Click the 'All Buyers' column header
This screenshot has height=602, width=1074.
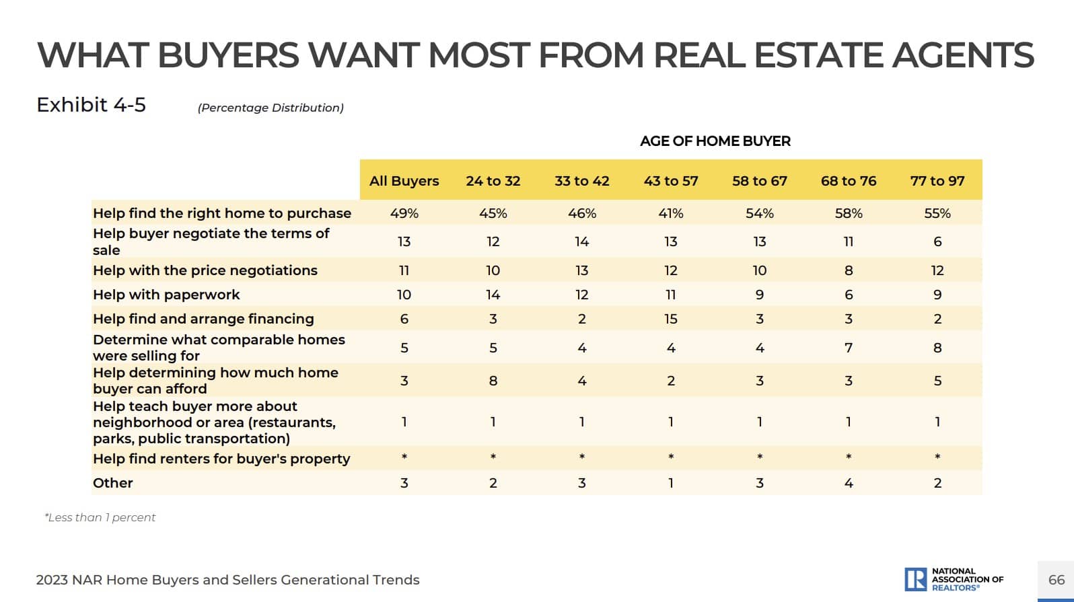click(404, 181)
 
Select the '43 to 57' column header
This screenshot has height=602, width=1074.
click(670, 181)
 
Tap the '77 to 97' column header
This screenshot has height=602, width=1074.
click(937, 181)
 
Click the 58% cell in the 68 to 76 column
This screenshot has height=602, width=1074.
click(848, 213)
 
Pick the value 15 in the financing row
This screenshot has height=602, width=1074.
click(670, 319)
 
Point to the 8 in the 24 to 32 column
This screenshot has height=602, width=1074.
click(493, 381)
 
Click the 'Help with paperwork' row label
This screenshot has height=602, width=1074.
click(166, 295)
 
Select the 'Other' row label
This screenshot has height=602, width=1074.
click(113, 483)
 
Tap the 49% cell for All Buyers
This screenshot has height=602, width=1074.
click(404, 213)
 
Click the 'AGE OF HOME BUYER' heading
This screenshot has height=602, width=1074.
click(715, 141)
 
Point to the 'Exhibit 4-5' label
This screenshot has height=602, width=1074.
click(91, 105)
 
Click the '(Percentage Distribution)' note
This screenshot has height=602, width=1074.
click(271, 108)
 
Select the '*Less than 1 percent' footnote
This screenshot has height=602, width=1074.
click(100, 517)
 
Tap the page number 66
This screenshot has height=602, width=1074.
click(1056, 580)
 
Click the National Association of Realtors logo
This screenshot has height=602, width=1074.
click(954, 579)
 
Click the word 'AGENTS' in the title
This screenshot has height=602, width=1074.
click(962, 55)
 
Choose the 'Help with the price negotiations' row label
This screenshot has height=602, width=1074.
click(205, 270)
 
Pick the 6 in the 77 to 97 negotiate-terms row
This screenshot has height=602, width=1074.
click(937, 241)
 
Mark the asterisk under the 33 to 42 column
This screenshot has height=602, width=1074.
click(581, 457)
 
